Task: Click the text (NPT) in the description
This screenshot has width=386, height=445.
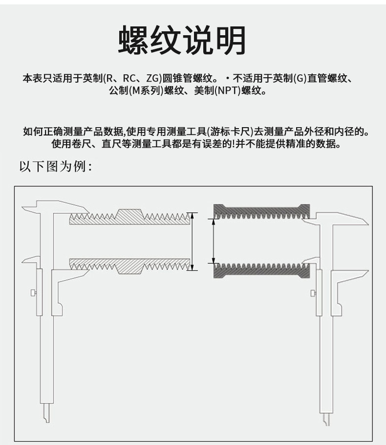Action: tap(227, 91)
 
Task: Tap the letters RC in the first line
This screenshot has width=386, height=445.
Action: tap(129, 78)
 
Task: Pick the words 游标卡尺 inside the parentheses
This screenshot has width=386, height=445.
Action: tap(229, 132)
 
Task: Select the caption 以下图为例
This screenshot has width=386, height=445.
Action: tap(55, 167)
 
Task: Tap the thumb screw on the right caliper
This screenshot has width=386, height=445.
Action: tap(313, 293)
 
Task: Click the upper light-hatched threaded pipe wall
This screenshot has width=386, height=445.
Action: tap(129, 218)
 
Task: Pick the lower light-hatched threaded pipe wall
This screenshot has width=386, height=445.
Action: tap(129, 265)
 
